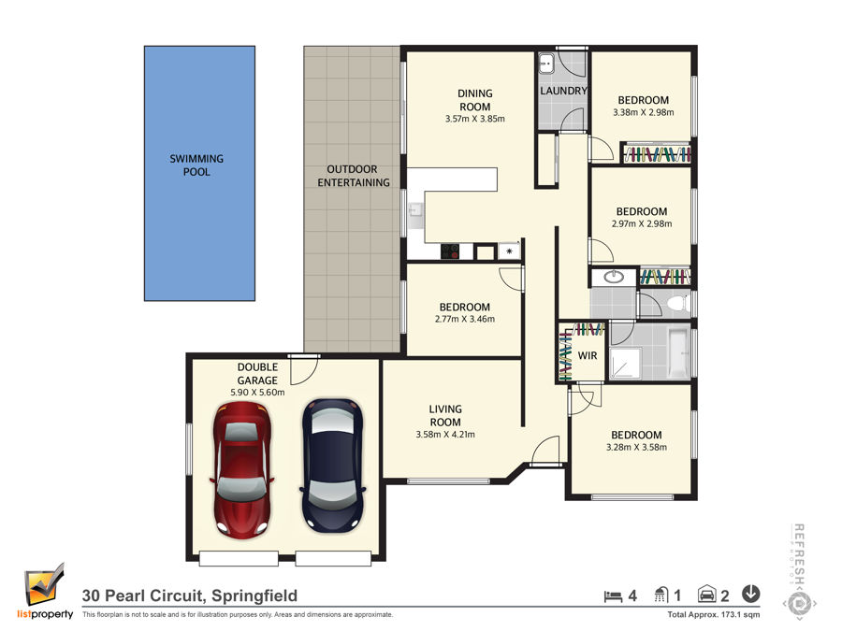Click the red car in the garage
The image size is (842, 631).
pyautogui.click(x=242, y=469)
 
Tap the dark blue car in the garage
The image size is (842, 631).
pyautogui.click(x=332, y=465)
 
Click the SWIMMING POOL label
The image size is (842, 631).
pyautogui.click(x=196, y=165)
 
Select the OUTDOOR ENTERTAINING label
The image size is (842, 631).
pyautogui.click(x=353, y=176)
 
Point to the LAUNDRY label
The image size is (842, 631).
pyautogui.click(x=563, y=91)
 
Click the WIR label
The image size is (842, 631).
pyautogui.click(x=587, y=355)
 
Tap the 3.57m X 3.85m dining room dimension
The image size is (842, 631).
pyautogui.click(x=474, y=119)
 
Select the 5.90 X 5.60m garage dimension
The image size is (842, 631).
pyautogui.click(x=257, y=393)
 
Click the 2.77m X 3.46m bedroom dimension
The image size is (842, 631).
pyautogui.click(x=464, y=320)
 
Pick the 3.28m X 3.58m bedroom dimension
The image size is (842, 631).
pyautogui.click(x=636, y=448)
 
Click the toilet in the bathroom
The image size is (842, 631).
pyautogui.click(x=680, y=303)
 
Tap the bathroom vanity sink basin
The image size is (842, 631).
pyautogui.click(x=613, y=277)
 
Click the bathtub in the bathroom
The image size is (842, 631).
pyautogui.click(x=678, y=352)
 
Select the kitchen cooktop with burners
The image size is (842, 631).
pyautogui.click(x=450, y=251)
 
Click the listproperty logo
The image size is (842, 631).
pyautogui.click(x=45, y=592)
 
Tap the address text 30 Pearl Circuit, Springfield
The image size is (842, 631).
pyautogui.click(x=190, y=595)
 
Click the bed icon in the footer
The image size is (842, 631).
pyautogui.click(x=613, y=595)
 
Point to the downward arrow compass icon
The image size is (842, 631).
pyautogui.click(x=750, y=594)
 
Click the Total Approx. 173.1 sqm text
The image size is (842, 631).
pyautogui.click(x=714, y=615)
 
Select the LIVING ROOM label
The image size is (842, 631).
pyautogui.click(x=445, y=416)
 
